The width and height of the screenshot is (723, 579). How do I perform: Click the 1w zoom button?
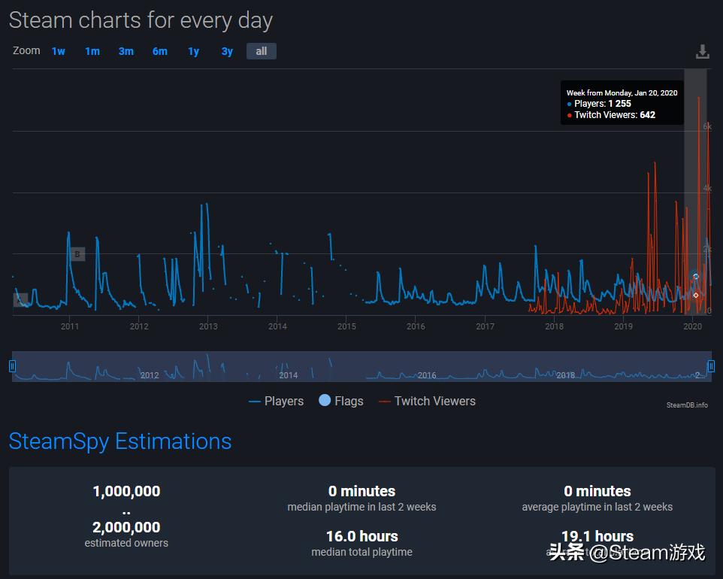tap(59, 51)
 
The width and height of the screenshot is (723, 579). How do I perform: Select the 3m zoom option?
tap(126, 51)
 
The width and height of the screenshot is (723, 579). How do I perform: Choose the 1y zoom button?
tap(193, 51)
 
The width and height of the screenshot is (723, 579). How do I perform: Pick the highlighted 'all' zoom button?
tap(261, 51)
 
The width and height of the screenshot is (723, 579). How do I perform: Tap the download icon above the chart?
tap(702, 52)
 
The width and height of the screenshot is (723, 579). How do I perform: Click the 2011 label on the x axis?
tap(70, 326)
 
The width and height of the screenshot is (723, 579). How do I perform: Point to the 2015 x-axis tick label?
tap(346, 326)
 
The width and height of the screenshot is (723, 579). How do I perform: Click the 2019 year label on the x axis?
tap(623, 326)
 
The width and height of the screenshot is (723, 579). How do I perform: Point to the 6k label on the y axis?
tap(706, 127)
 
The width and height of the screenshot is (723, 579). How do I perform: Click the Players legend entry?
tap(277, 402)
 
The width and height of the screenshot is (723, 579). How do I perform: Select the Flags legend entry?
tap(341, 402)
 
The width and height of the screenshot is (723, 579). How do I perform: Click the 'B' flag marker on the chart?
tap(77, 254)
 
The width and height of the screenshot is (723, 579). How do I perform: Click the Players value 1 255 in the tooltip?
tap(619, 104)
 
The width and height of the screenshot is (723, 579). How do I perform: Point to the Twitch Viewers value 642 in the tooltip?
tap(647, 115)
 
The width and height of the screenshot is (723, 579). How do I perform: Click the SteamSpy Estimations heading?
tap(120, 441)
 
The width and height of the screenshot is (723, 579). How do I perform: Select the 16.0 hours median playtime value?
tap(361, 536)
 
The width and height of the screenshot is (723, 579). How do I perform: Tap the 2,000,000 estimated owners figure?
tap(126, 527)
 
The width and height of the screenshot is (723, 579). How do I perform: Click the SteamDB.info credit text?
tap(687, 405)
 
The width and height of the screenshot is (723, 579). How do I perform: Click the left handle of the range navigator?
tap(12, 366)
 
